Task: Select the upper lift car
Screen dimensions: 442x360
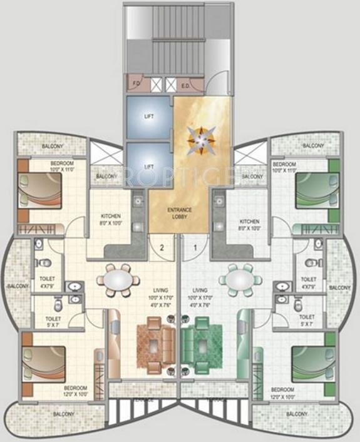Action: (x=149, y=117)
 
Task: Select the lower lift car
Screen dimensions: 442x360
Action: (x=149, y=166)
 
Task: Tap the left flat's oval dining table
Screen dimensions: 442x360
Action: (x=118, y=279)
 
